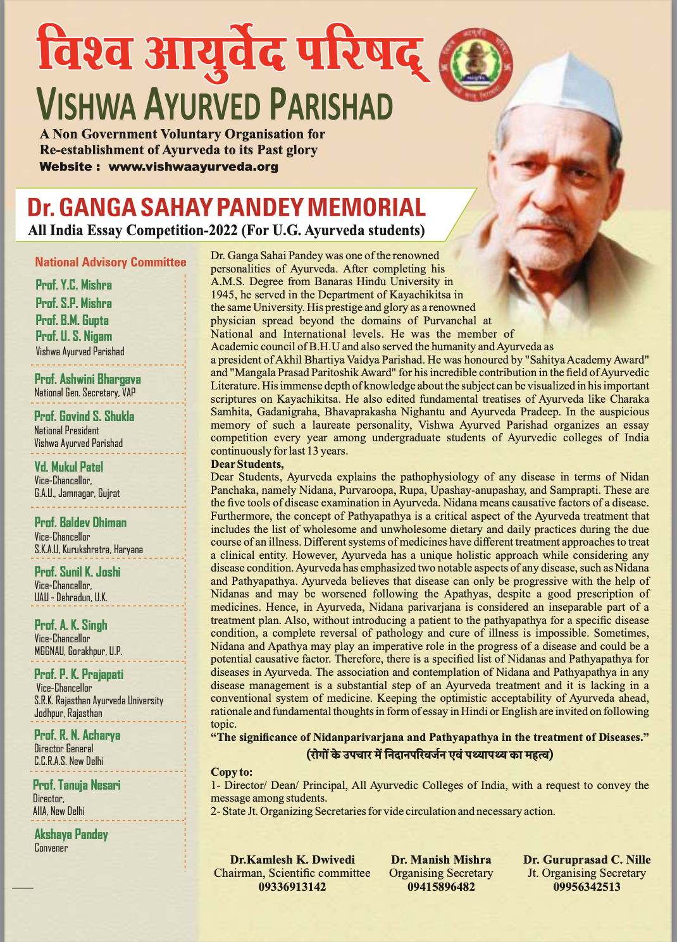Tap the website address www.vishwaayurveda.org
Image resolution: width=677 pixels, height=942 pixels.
(x=193, y=167)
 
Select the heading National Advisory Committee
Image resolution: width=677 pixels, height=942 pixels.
(x=111, y=262)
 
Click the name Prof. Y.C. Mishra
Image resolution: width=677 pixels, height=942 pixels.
(x=73, y=285)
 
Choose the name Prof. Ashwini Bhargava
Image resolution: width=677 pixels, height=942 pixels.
(x=87, y=379)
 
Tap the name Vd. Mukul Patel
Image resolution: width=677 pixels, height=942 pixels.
(x=68, y=467)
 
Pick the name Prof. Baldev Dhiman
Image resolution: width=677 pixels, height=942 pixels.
(x=80, y=523)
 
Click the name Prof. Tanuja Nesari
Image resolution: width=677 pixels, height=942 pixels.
(x=77, y=785)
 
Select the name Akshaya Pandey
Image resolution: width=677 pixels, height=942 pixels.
(x=71, y=835)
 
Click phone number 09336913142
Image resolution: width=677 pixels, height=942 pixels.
(x=292, y=887)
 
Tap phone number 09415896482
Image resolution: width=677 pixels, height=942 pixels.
(x=441, y=887)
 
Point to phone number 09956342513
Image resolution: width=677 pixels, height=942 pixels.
(x=587, y=887)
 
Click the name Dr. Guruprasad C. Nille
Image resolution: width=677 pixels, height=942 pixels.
(x=587, y=860)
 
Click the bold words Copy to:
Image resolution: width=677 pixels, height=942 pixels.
(x=232, y=772)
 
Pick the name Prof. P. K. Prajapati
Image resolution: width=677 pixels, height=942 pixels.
(x=78, y=675)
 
